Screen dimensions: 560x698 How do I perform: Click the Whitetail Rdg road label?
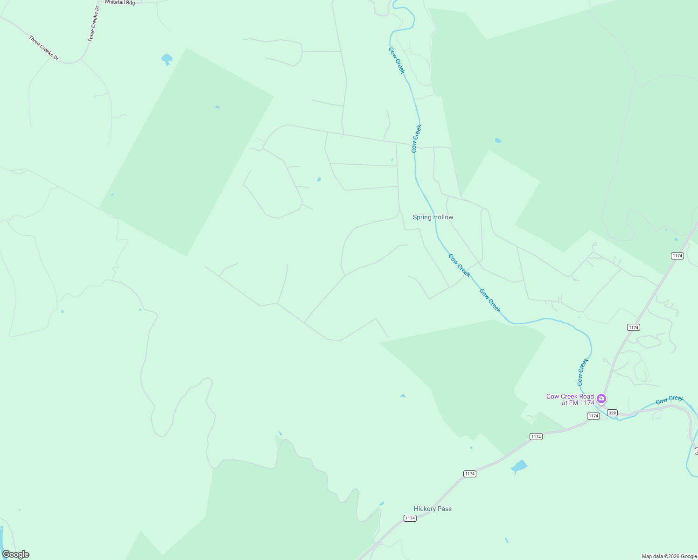click(119, 2)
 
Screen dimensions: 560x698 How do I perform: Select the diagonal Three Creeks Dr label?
click(44, 48)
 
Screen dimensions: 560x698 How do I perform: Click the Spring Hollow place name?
click(433, 217)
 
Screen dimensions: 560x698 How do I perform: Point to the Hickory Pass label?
click(433, 509)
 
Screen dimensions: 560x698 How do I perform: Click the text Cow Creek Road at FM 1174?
click(570, 399)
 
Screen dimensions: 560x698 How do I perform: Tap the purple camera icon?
click(601, 399)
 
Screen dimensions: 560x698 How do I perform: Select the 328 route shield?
click(613, 413)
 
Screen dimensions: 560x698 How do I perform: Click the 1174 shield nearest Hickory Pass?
click(410, 518)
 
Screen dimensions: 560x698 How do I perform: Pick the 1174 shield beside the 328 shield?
click(593, 416)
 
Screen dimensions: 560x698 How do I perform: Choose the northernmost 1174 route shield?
click(677, 256)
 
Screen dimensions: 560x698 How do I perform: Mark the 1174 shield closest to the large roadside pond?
click(536, 436)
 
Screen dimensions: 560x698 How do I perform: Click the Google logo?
click(16, 554)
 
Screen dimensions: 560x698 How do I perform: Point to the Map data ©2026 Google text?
click(669, 556)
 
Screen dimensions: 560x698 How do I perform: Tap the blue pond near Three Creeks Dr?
click(167, 59)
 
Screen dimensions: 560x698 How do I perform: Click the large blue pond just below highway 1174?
click(519, 466)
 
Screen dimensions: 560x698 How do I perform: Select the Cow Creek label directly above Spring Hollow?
click(417, 139)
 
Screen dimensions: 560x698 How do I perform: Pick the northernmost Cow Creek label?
click(397, 60)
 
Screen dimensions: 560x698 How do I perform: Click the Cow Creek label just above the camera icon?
click(583, 372)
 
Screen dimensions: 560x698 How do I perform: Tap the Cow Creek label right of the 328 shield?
click(670, 399)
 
